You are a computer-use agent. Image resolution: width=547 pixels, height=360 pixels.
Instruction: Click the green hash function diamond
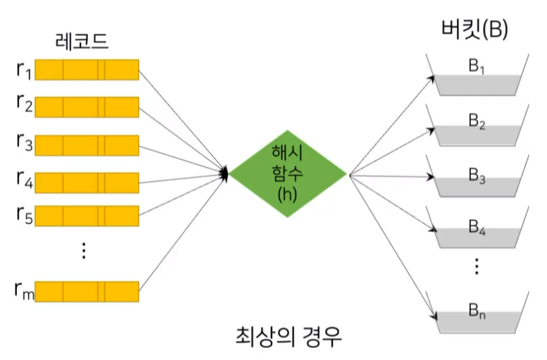point(287,173)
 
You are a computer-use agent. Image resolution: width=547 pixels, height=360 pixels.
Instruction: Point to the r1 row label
point(23,70)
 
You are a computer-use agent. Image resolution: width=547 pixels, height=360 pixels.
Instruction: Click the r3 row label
point(23,145)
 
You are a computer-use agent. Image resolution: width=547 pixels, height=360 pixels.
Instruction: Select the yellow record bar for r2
point(87,108)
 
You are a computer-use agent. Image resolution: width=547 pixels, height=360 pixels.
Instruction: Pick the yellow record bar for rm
point(87,290)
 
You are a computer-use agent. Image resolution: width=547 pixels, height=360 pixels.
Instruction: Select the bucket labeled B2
point(477,128)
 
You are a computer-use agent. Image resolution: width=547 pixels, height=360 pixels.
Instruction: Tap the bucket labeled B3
point(477,180)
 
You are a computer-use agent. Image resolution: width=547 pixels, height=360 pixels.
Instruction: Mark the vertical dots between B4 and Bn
point(477,266)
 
